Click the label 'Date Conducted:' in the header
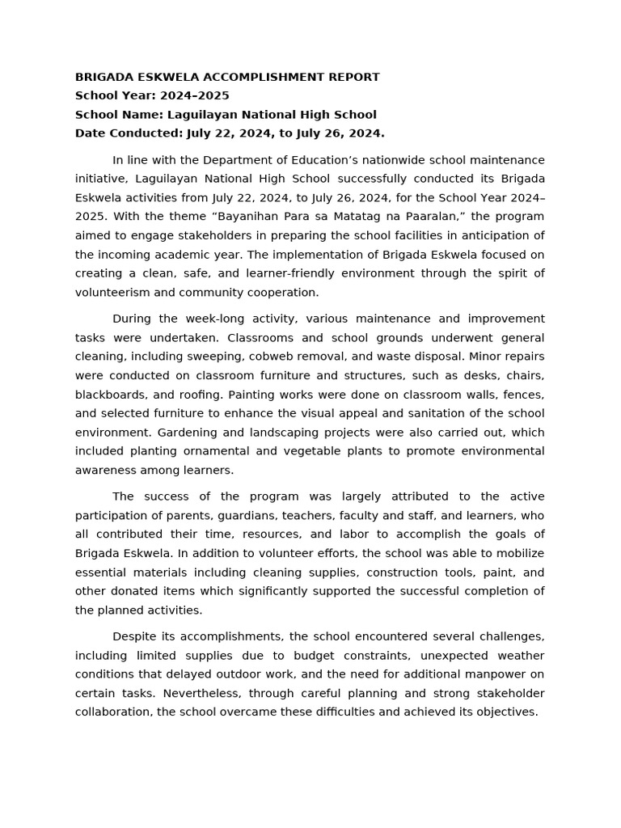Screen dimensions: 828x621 129,133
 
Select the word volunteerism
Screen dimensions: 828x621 112,292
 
